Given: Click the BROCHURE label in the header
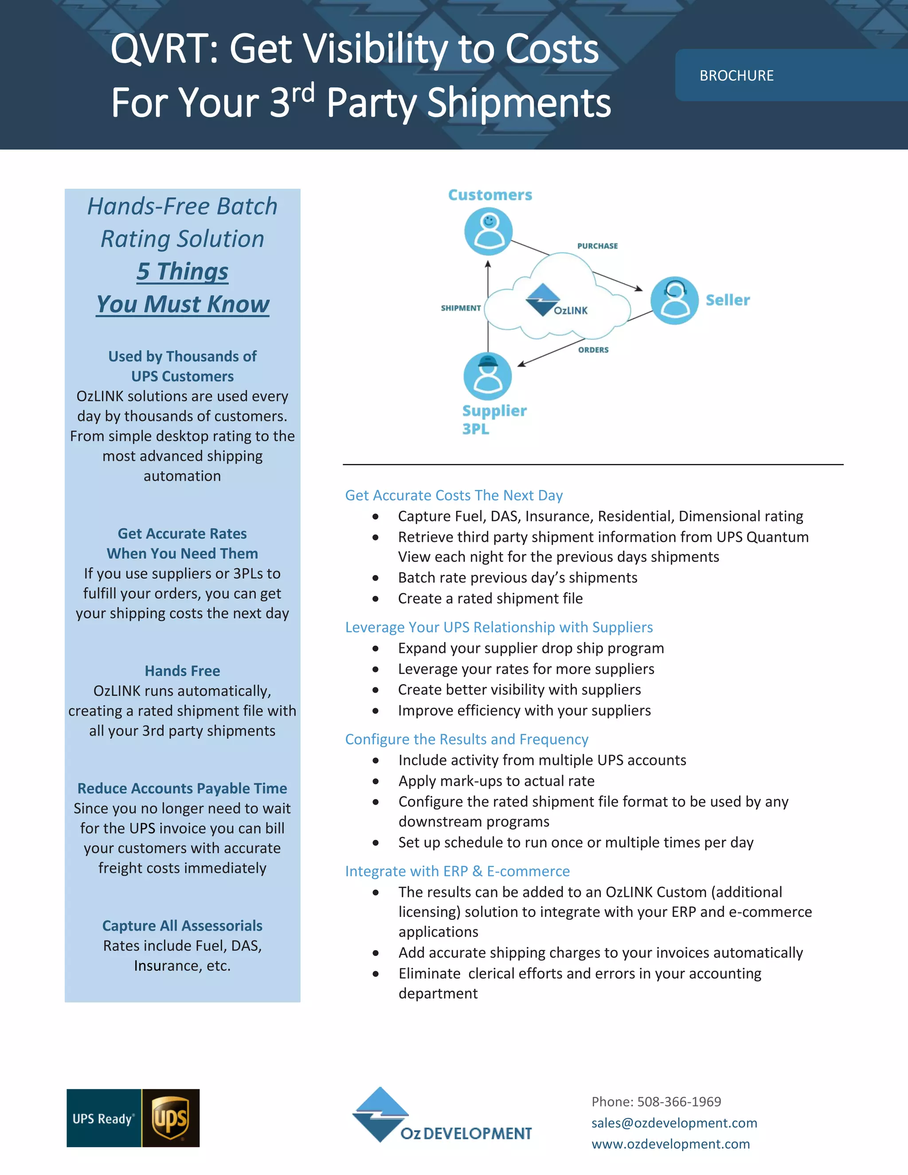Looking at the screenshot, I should [736, 76].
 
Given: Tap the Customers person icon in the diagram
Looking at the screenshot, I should [489, 231].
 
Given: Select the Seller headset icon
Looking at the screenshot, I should [674, 300].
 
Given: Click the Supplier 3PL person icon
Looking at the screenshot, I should [487, 376].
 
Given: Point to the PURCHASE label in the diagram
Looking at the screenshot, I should [597, 246].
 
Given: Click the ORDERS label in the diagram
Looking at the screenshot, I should [593, 350].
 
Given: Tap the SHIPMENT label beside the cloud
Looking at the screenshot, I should [461, 308].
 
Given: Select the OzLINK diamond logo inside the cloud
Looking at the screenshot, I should [542, 299].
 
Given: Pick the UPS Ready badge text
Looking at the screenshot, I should [103, 1119].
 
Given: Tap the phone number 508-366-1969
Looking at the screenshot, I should [679, 1102].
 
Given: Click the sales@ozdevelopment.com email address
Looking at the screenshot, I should [674, 1123].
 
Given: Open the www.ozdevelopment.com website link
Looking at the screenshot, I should [670, 1144].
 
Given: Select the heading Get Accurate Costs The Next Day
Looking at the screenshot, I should [454, 495].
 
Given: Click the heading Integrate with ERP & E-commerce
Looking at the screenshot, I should [457, 871].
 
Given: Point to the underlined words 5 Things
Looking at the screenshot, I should [182, 271].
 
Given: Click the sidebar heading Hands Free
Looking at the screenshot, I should [182, 671].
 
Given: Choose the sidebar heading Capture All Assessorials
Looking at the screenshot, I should [182, 925].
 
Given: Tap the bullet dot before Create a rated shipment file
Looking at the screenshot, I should [376, 599].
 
